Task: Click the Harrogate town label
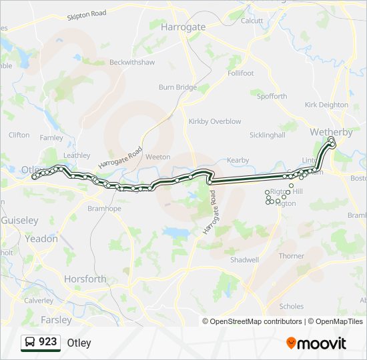coord(183,27)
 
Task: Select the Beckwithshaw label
coord(132,62)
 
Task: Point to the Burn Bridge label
coord(177,87)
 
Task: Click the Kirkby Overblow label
coord(215,121)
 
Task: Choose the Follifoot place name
coord(241,73)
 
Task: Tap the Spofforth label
coord(272,96)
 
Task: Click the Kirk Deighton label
coord(326,105)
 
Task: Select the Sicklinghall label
coord(267,135)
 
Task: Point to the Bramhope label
coord(104,209)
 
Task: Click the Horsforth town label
coord(85,279)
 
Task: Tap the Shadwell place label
coord(244,259)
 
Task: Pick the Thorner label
coord(292,256)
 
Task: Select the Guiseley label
coord(19,220)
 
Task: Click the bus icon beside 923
coord(30,342)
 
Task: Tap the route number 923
coord(48,342)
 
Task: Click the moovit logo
coord(316,343)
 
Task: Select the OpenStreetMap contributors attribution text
coord(256,321)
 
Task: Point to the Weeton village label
coord(158,157)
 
